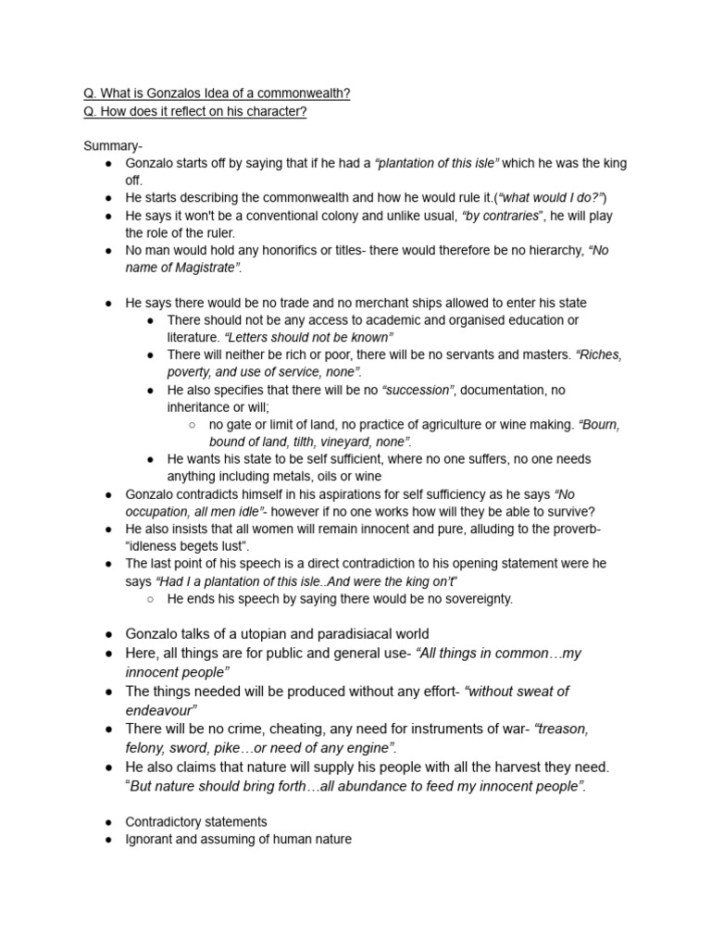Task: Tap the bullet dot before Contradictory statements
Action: coord(108,822)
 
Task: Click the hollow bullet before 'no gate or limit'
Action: coord(192,425)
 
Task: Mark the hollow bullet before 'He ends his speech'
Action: coord(150,599)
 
